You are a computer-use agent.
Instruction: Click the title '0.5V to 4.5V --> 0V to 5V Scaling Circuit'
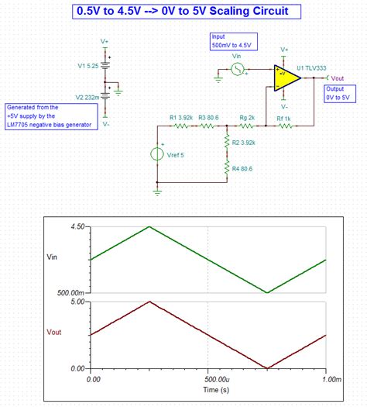click(183, 12)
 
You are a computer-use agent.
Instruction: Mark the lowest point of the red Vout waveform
click(266, 367)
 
